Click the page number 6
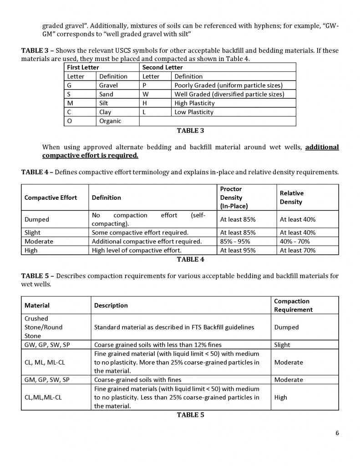click(x=337, y=433)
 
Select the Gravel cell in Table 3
click(x=108, y=85)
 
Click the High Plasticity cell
click(x=194, y=103)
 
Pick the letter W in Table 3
click(x=146, y=94)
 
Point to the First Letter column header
click(x=84, y=67)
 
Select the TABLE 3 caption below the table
click(x=190, y=131)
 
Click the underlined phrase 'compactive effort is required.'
click(x=90, y=155)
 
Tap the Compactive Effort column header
click(x=51, y=198)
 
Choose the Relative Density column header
click(x=292, y=198)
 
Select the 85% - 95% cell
click(x=235, y=241)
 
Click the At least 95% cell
click(x=238, y=250)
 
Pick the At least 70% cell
click(x=298, y=250)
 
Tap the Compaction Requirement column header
click(x=293, y=305)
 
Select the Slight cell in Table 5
click(x=282, y=344)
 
